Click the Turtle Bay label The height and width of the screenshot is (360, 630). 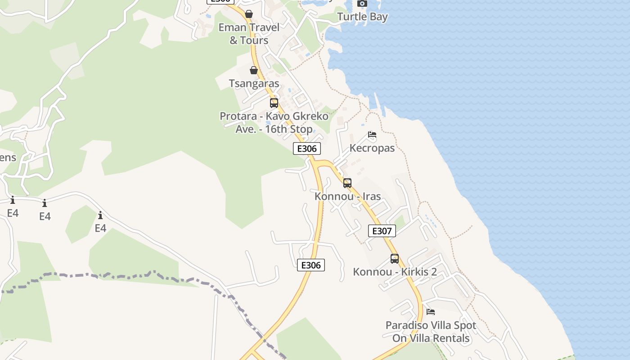tap(362, 17)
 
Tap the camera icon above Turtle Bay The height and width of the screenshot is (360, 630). tap(362, 4)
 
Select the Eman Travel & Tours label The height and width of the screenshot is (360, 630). tap(249, 34)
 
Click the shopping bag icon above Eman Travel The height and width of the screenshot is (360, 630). tap(249, 14)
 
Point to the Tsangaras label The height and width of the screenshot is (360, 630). tap(254, 83)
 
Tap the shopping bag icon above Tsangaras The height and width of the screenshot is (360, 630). tap(254, 70)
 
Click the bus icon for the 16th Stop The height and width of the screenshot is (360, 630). tap(274, 103)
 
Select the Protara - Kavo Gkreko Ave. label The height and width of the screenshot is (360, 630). tap(274, 122)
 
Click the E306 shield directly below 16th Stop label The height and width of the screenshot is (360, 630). tap(307, 148)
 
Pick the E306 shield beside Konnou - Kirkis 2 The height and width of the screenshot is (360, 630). tap(311, 265)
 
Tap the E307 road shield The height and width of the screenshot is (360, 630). tap(382, 231)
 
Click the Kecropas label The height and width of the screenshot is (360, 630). tap(372, 148)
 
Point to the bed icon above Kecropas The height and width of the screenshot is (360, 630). tap(372, 135)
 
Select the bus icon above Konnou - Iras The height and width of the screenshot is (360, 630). tap(347, 183)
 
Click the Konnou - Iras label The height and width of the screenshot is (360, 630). tap(347, 197)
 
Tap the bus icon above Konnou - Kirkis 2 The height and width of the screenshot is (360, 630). tap(395, 259)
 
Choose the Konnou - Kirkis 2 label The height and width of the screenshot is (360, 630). tap(395, 272)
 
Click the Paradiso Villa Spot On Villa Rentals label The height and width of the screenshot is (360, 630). tap(431, 332)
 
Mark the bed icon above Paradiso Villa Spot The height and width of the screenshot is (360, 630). tap(431, 311)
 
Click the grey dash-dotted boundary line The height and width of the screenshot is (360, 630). tap(135, 275)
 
